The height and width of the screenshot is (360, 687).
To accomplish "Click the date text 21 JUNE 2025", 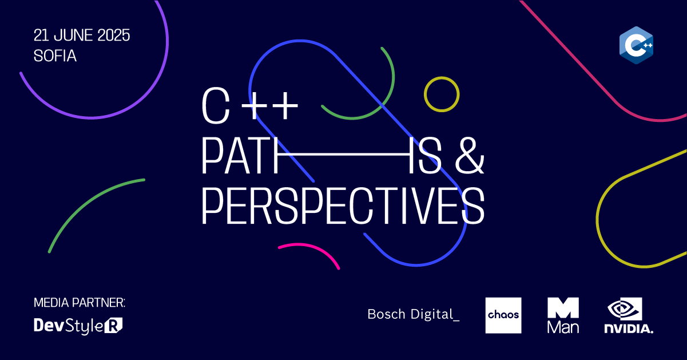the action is tap(82, 35).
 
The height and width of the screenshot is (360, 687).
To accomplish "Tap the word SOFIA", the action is tap(55, 56).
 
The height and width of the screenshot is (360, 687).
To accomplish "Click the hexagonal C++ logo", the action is tap(636, 45).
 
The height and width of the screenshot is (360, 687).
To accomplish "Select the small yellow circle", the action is tap(442, 78).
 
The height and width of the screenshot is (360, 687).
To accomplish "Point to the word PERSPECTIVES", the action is tap(343, 206).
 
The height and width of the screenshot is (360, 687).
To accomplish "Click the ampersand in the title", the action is tap(469, 155).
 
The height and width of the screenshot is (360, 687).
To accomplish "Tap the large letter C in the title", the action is tap(216, 106).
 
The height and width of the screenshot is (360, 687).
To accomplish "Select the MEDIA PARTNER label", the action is tap(80, 303).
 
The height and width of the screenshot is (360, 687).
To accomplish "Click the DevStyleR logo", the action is tap(78, 326).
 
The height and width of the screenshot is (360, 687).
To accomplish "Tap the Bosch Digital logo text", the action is tap(414, 314).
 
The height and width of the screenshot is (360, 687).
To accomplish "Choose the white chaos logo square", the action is tap(503, 315).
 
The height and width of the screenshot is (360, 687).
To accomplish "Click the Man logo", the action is tap(563, 315).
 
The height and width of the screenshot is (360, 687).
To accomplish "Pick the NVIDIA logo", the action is tap(629, 315).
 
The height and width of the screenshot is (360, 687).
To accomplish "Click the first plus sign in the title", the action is tap(254, 106).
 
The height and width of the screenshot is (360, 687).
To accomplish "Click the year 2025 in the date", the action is tap(114, 35).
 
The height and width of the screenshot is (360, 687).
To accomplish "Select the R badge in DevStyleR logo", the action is tap(113, 326).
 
